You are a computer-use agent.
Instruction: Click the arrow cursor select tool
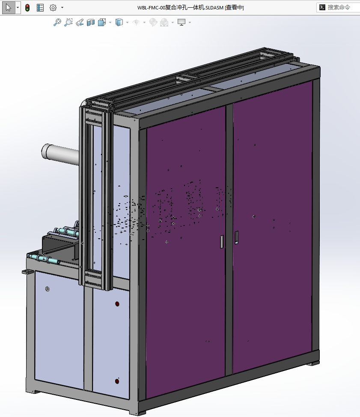tap(9, 7)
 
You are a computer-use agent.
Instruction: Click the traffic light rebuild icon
tap(27, 8)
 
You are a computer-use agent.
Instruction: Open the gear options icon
tap(53, 8)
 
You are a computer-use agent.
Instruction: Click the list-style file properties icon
tap(40, 8)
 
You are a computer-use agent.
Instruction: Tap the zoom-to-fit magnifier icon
tap(57, 22)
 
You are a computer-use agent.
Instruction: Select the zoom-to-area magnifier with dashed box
tap(68, 22)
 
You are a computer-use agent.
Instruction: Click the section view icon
tap(91, 22)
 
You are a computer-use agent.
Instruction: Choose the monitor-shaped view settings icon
tap(181, 22)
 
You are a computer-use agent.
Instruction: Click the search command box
tap(338, 7)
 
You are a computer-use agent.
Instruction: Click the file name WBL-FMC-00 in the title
tap(151, 8)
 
